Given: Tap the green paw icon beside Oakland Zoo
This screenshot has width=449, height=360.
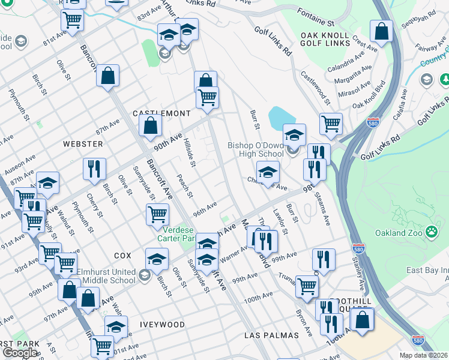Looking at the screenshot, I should coord(431,232).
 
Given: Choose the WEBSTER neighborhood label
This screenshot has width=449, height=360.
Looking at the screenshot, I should coord(83,144).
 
